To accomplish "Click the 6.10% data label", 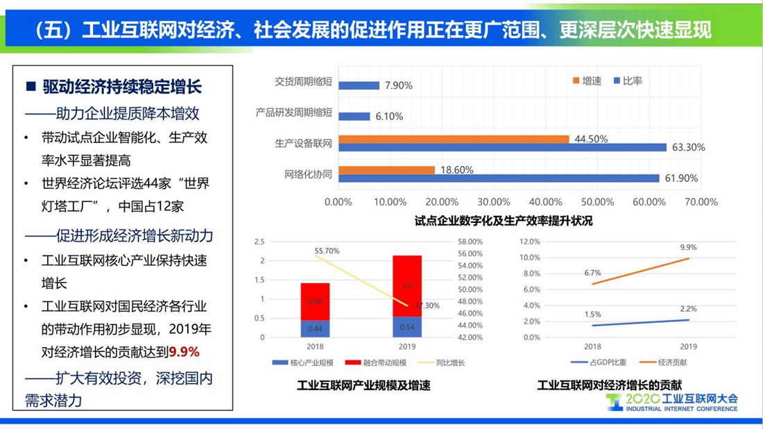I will tap(389, 117).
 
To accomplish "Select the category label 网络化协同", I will tap(309, 174).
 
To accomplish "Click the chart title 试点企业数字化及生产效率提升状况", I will tap(504, 221).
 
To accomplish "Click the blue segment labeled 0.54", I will tap(407, 327).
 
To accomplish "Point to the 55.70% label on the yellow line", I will tap(327, 251).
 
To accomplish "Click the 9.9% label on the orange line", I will tap(688, 247).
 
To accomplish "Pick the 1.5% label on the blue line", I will tap(592, 314).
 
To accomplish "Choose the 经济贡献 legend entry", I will tap(662, 362).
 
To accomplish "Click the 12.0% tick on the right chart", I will tap(530, 242).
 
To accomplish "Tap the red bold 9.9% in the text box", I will tap(185, 352).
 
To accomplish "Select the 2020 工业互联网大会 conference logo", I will tap(672, 402).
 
